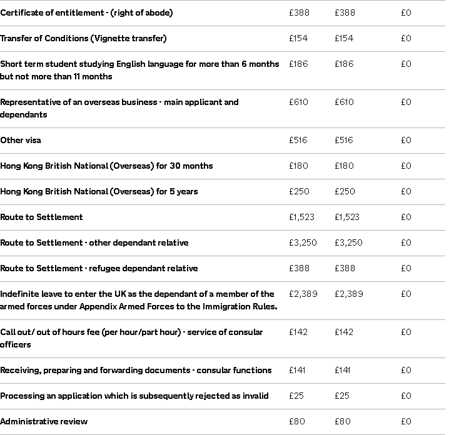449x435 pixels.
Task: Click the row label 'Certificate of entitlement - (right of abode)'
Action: [x=86, y=12]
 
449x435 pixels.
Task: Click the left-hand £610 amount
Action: [x=298, y=102]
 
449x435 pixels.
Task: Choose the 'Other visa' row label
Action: [x=21, y=140]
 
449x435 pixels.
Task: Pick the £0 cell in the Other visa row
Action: [x=406, y=140]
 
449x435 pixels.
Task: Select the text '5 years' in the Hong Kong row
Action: [x=182, y=191]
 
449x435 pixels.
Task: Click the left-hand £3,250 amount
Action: [x=303, y=242]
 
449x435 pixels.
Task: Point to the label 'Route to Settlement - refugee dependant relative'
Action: [x=99, y=268]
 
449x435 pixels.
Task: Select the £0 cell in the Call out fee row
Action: [x=406, y=332]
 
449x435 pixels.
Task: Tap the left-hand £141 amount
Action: [x=297, y=370]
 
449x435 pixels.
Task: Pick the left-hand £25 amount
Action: [x=296, y=396]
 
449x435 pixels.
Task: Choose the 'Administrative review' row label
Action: [x=44, y=421]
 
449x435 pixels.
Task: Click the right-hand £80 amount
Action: [x=343, y=421]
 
